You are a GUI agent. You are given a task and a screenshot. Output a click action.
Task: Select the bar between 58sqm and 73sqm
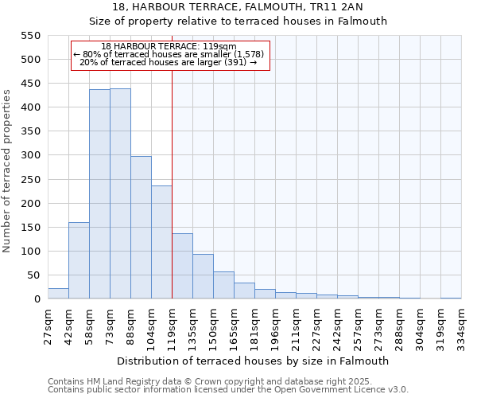point(99,194)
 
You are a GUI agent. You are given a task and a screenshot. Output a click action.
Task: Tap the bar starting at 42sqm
point(79,260)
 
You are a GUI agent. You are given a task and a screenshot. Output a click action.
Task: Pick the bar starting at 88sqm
point(141,228)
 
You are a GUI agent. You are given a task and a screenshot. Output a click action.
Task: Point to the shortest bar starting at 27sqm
point(58,293)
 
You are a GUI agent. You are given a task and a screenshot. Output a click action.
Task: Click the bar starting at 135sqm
point(203,276)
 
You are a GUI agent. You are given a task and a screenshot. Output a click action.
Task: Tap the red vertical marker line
point(172,183)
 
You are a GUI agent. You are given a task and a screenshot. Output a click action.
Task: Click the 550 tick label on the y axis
point(30,36)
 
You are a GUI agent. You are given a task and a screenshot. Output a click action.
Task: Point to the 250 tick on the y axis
point(30,180)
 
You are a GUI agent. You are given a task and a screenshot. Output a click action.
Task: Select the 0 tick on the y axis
point(37,299)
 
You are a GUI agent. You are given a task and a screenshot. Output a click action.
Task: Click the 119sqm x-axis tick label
point(173,326)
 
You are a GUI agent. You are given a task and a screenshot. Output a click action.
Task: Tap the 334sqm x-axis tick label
point(462,326)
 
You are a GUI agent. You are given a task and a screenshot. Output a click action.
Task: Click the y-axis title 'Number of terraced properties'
point(7,170)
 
